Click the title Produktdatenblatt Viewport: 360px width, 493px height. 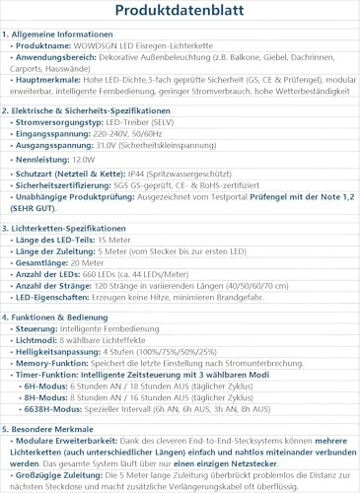pos(180,11)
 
